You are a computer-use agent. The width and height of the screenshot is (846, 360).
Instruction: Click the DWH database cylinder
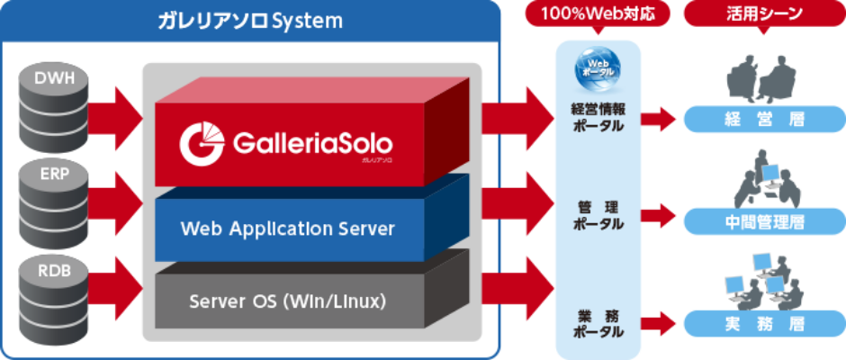[x=53, y=105]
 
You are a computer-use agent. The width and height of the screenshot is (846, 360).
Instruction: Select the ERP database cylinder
[x=53, y=198]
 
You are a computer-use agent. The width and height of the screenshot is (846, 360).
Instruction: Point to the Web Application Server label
[x=288, y=229]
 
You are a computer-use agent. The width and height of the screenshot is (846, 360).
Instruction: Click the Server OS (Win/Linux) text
[x=288, y=301]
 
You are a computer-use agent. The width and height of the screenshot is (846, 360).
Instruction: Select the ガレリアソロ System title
[x=250, y=21]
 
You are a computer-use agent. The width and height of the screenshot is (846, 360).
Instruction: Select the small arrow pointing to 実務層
[x=658, y=324]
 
